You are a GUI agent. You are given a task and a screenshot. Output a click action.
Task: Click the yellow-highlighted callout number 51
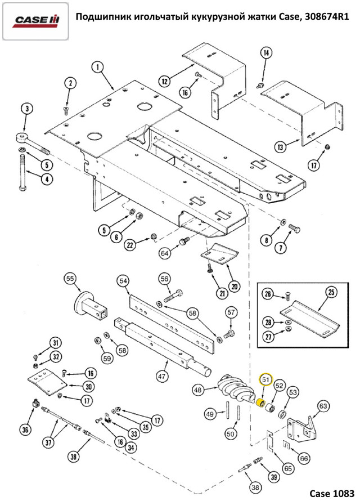tap(264, 381)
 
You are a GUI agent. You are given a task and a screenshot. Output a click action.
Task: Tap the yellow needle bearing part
tap(260, 404)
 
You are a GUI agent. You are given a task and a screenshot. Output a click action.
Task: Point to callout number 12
tap(164, 82)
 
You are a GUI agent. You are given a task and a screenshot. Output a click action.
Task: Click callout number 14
tap(266, 53)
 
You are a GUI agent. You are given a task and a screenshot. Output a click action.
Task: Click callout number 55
tap(70, 279)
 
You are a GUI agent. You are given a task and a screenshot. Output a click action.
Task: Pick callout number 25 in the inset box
tap(331, 292)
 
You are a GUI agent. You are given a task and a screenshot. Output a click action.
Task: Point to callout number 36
tap(25, 430)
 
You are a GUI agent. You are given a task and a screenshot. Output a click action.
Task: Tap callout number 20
tap(235, 285)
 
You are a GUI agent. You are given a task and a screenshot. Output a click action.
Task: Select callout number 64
tap(164, 253)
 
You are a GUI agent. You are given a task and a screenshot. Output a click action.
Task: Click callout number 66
tap(304, 458)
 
